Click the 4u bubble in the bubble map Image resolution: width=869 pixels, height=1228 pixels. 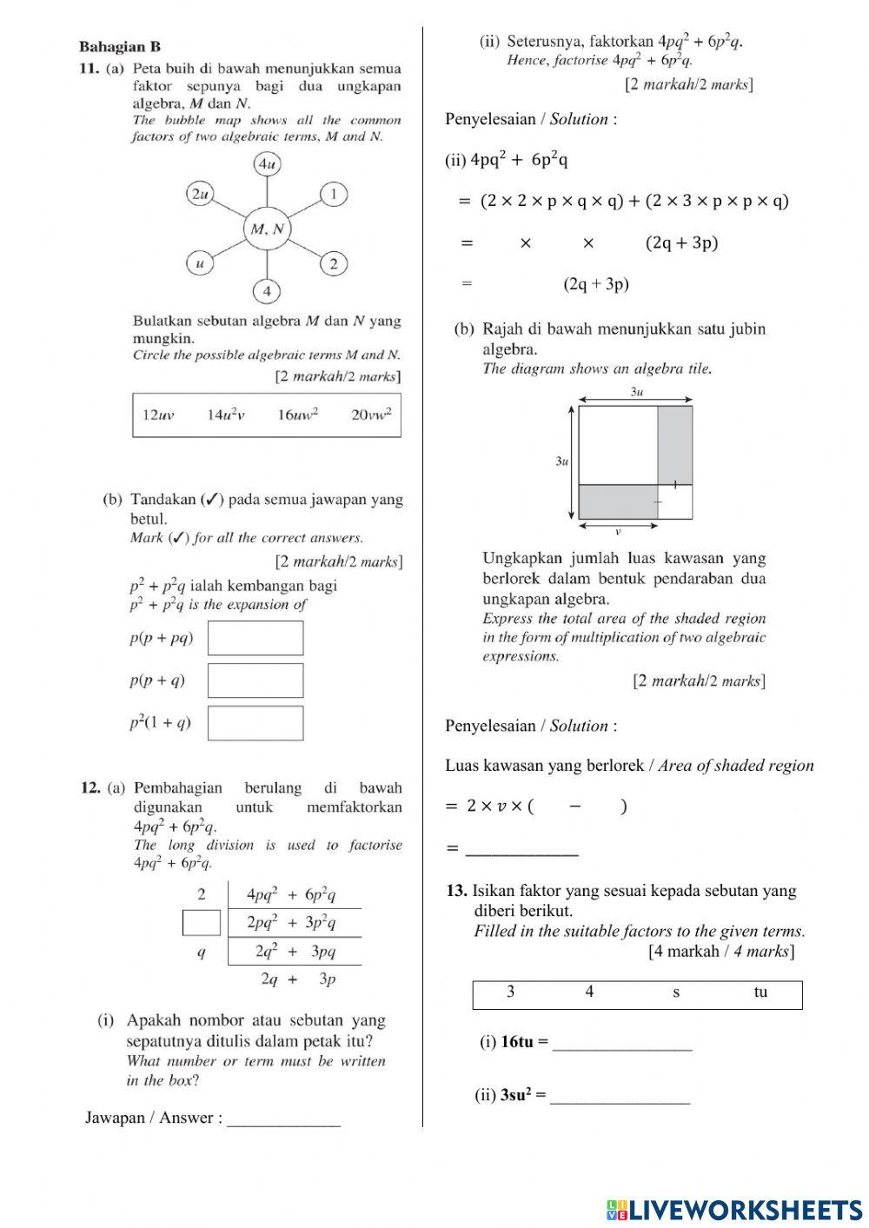pos(267,163)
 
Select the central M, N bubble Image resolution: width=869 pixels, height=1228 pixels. pos(267,229)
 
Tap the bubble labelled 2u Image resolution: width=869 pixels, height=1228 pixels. pos(201,194)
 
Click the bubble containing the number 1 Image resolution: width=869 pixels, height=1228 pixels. pos(334,194)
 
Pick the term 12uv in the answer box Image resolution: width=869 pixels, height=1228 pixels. pos(158,415)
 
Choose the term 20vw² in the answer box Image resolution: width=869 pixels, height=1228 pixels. pos(371,415)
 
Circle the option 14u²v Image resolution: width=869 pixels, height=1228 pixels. pos(225,415)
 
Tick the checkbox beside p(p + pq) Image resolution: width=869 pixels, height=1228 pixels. pos(255,638)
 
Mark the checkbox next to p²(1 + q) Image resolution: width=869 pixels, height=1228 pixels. pos(255,722)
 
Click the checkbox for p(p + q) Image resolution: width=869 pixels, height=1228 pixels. pos(255,680)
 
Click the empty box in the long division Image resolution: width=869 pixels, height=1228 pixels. pos(201,922)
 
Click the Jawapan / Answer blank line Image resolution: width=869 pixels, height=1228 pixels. pos(283,1119)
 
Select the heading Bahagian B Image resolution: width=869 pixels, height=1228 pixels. pos(119,47)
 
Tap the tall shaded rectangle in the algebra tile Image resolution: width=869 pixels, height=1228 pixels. pos(674,444)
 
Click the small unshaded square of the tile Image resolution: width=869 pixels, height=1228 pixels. pos(675,501)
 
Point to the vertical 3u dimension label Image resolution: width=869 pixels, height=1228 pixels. pos(561,461)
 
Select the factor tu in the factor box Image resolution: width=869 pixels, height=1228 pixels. pos(760,992)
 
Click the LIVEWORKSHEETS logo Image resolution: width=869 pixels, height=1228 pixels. pos(734,1209)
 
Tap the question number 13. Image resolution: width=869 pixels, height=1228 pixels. pos(456,891)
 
